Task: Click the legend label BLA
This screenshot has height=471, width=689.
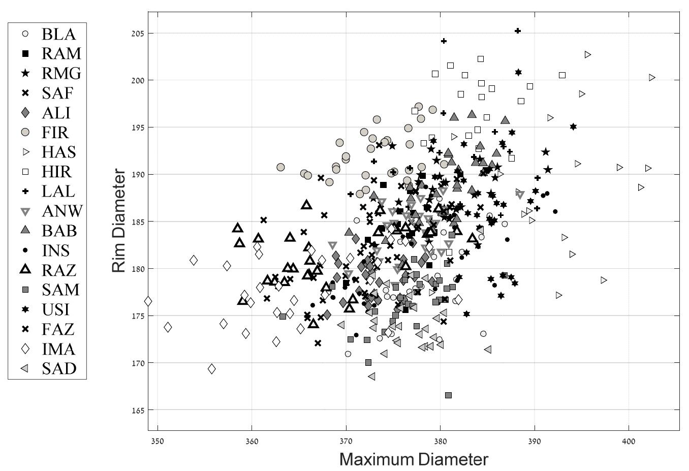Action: click(58, 34)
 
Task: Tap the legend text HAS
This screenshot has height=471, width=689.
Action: click(58, 152)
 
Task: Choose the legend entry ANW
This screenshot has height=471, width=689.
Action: click(62, 211)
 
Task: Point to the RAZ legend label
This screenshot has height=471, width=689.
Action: click(59, 270)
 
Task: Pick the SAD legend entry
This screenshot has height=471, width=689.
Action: click(59, 368)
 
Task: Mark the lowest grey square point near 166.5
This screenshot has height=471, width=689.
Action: click(448, 395)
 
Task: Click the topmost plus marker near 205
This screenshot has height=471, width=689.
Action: click(518, 31)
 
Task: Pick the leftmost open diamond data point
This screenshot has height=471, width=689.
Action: click(148, 301)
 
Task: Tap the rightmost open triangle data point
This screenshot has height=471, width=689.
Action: click(652, 78)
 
